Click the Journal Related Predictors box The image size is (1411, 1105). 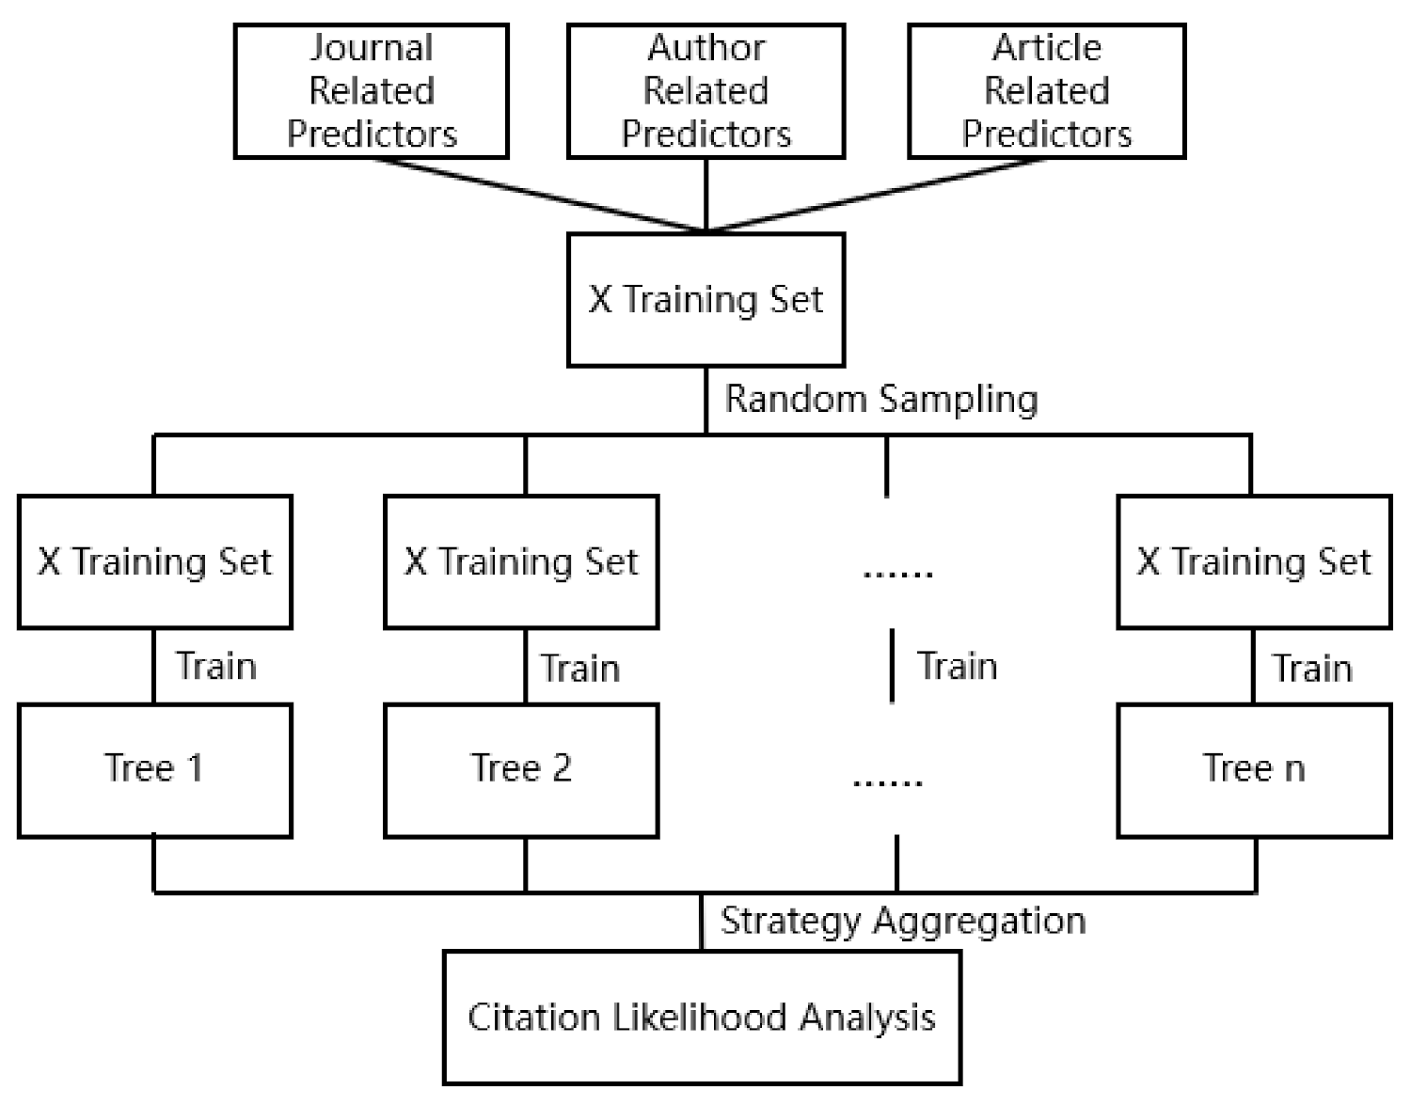tap(371, 91)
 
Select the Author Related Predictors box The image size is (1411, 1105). tap(705, 91)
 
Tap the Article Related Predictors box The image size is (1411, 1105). tap(1046, 91)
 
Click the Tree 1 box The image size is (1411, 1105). tap(154, 769)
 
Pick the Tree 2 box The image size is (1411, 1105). tap(521, 769)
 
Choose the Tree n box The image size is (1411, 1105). tap(1253, 769)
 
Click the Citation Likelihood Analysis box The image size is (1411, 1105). tap(702, 1018)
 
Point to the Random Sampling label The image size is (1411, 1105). tap(881, 399)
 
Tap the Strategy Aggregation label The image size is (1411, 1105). tap(903, 920)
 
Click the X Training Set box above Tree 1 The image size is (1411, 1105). tap(154, 561)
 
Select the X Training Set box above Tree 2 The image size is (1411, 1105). tap(521, 561)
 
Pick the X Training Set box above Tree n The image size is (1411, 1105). tap(1253, 561)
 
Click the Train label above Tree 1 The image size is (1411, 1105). tap(216, 666)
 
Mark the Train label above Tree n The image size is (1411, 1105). tap(1312, 668)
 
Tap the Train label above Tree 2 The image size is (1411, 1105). tap(580, 668)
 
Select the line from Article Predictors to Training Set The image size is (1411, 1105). tap(875, 194)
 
